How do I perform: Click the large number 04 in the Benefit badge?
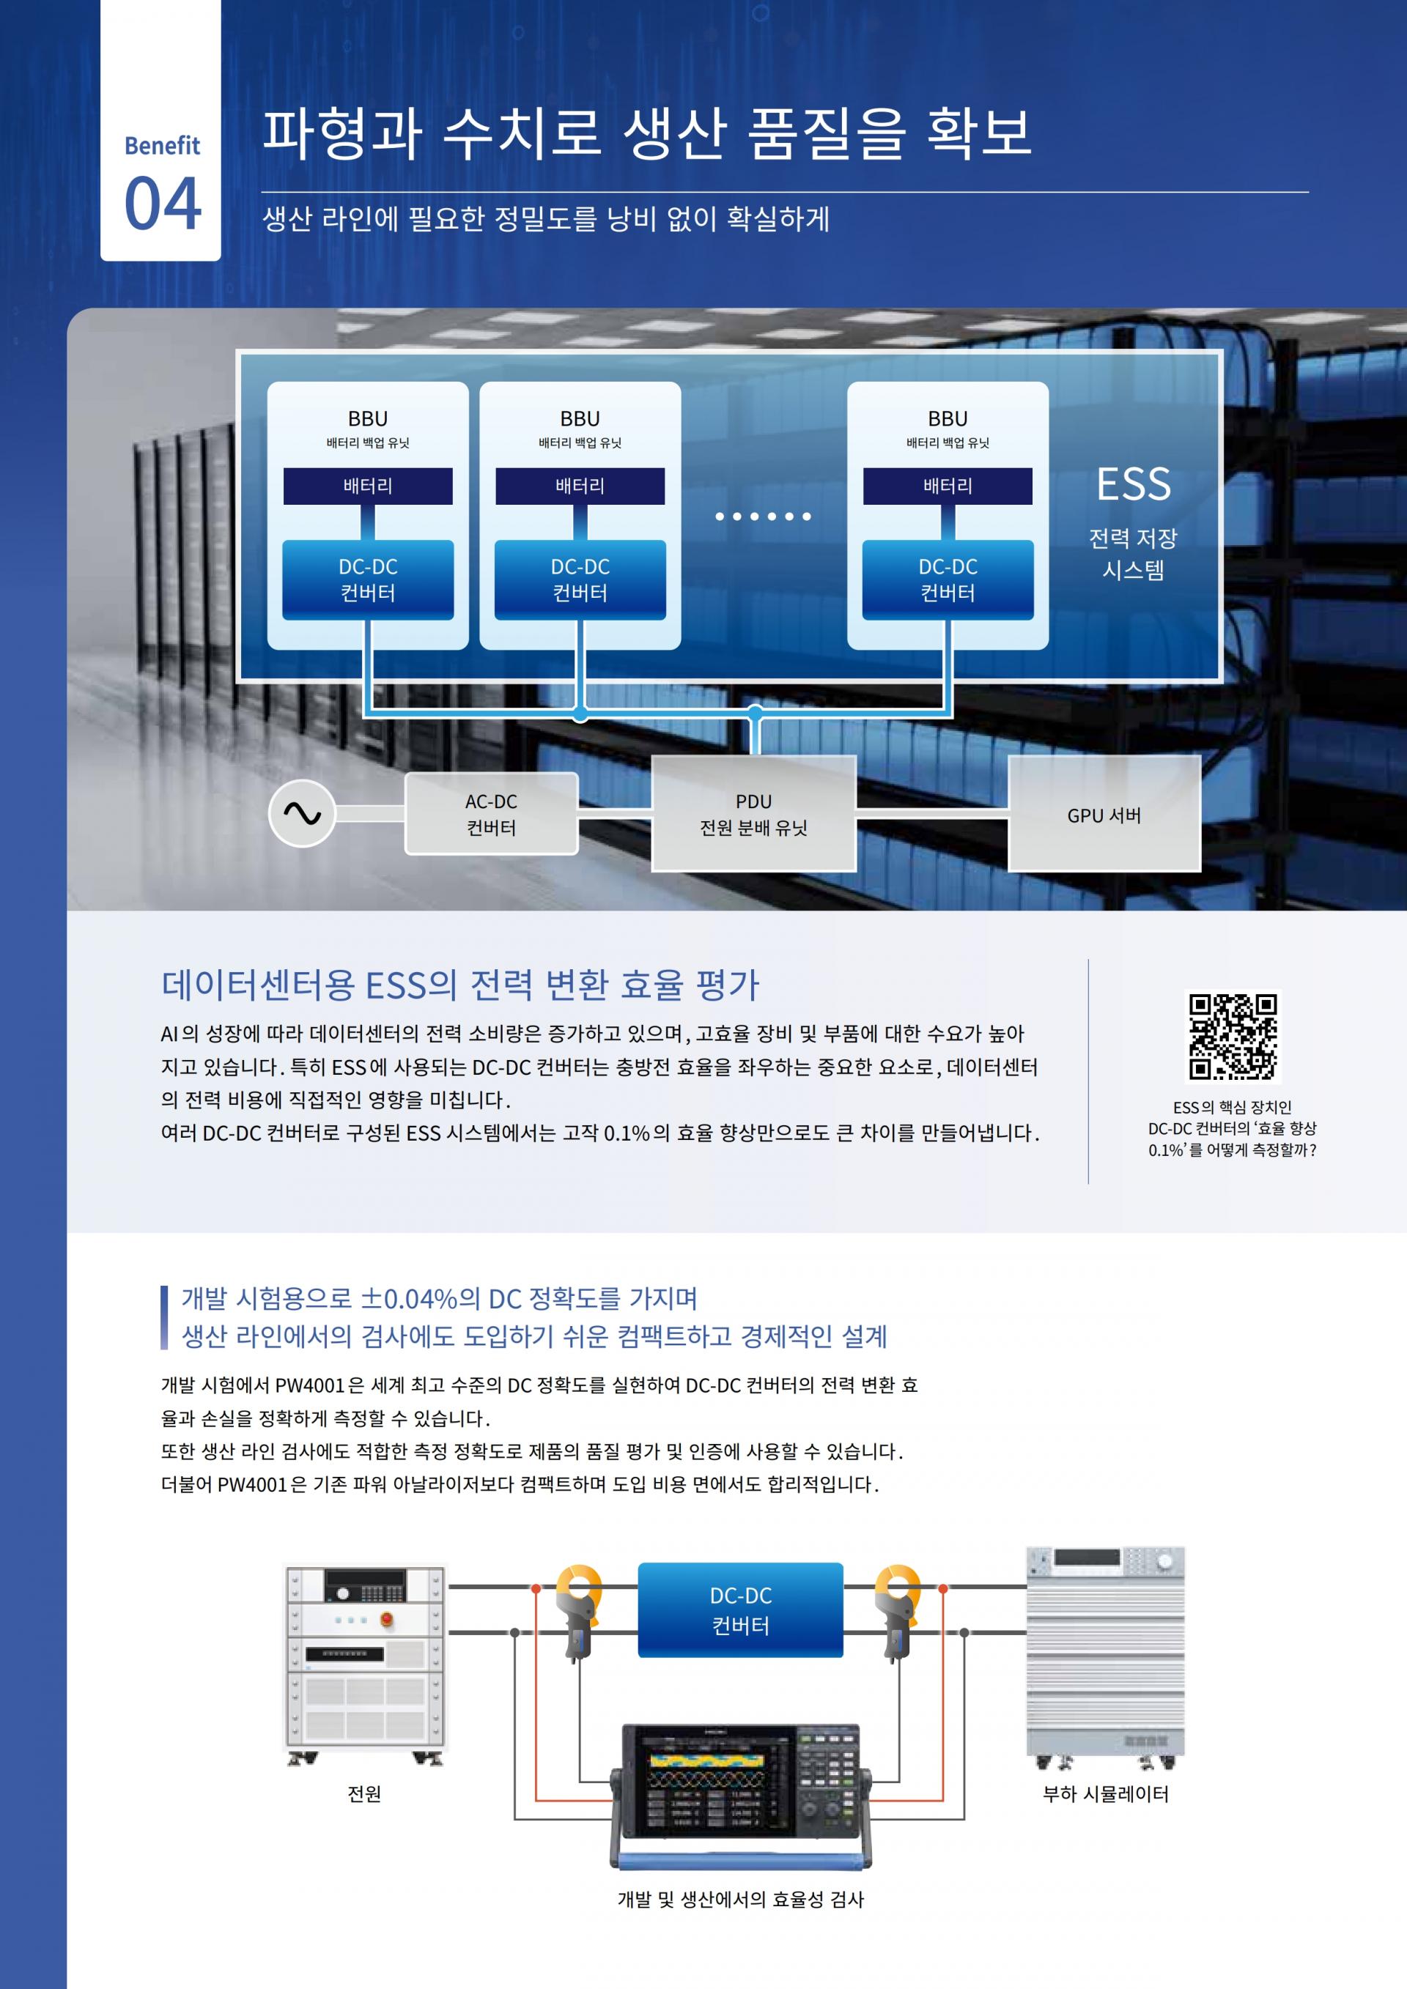(x=162, y=204)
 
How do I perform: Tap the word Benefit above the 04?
(x=162, y=146)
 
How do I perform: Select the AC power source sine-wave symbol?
(x=301, y=813)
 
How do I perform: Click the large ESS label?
(x=1133, y=484)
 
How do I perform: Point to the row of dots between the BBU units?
(x=762, y=516)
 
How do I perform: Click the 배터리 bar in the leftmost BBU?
(x=367, y=486)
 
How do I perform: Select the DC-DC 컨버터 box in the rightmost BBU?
(x=948, y=579)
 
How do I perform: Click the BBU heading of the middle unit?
(x=580, y=419)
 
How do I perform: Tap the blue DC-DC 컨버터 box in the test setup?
(x=740, y=1610)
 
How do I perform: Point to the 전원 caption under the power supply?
(x=364, y=1793)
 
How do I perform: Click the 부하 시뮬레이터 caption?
(x=1106, y=1793)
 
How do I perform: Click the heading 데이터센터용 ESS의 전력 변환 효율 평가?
(x=460, y=985)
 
